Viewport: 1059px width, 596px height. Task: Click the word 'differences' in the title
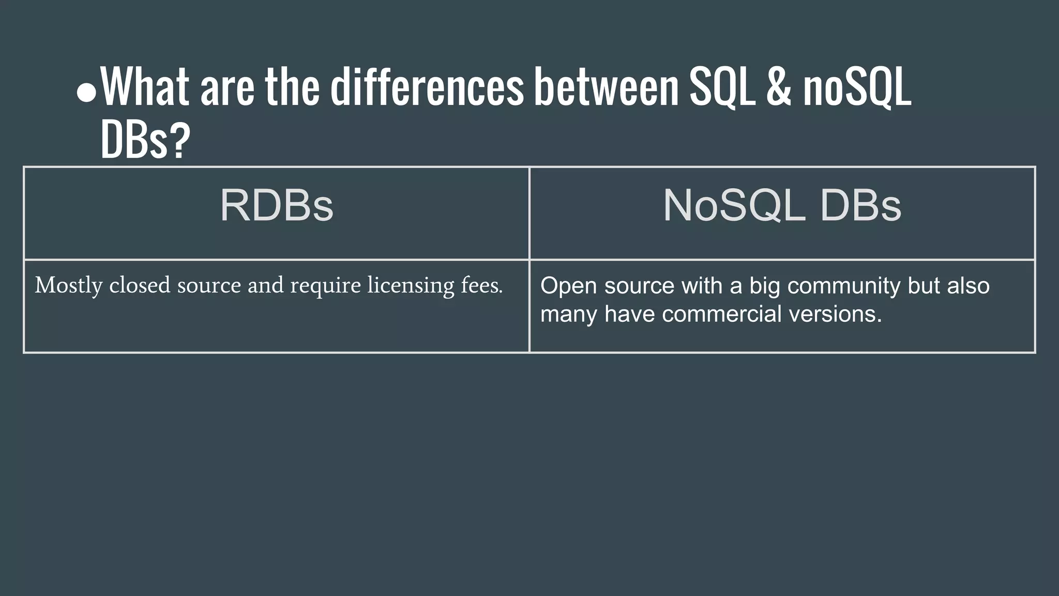tap(427, 87)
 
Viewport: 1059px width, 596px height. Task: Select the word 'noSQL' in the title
tap(857, 87)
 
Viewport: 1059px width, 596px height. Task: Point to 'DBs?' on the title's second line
tap(145, 141)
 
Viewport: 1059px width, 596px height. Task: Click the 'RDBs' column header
tap(277, 206)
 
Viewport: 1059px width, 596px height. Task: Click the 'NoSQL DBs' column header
tap(782, 206)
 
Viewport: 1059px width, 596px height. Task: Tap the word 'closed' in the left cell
tap(139, 285)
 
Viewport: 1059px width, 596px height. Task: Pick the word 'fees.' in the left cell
tap(482, 285)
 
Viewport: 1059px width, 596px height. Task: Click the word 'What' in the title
tap(145, 87)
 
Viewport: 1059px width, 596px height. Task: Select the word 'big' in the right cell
tap(765, 287)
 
